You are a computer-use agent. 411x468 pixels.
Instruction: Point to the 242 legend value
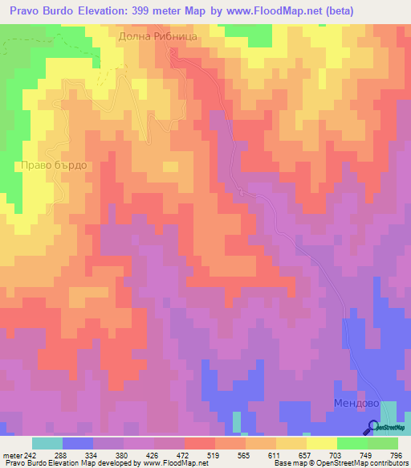31,456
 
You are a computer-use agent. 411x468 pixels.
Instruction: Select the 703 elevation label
338,456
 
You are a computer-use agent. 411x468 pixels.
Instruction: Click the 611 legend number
277,456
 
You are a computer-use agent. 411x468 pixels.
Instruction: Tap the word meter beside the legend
12,456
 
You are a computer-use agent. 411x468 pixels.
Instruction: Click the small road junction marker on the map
241,191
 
